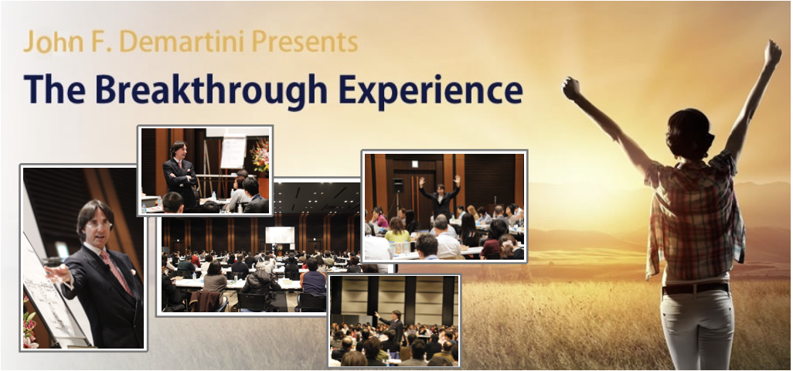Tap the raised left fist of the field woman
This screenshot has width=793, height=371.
click(571, 88)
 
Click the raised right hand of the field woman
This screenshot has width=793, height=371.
click(772, 53)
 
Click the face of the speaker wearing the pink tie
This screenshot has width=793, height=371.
click(97, 226)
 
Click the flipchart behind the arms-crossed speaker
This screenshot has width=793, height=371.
click(233, 151)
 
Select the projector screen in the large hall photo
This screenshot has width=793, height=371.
click(280, 235)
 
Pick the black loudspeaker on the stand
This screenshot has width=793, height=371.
click(398, 185)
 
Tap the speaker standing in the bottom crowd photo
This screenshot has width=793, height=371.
click(393, 324)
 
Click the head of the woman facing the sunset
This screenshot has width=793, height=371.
click(690, 131)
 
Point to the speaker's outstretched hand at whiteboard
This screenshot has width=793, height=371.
click(56, 274)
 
